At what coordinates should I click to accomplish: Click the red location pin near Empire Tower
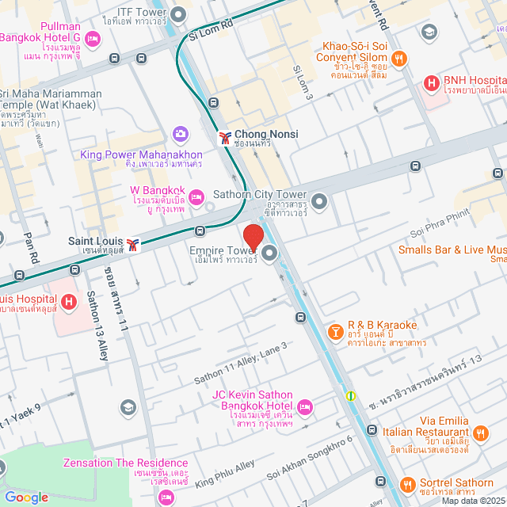[253, 238]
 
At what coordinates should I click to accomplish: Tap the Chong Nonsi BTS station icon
[226, 137]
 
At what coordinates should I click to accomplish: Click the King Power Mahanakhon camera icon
[181, 134]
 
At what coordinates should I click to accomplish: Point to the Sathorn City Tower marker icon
[319, 201]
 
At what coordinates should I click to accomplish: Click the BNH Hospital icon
[432, 82]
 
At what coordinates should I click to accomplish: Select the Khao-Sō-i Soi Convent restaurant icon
[400, 57]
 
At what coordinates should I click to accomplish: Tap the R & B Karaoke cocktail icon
[335, 330]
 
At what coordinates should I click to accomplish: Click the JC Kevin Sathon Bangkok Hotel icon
[306, 407]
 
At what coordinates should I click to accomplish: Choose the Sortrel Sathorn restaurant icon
[408, 483]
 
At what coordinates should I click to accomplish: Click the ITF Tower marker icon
[179, 14]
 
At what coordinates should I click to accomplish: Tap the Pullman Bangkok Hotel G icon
[93, 37]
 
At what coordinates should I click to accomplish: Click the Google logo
[26, 497]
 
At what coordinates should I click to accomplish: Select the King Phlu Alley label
[225, 471]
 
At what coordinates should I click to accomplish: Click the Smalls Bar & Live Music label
[452, 250]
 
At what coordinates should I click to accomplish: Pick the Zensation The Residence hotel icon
[166, 497]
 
